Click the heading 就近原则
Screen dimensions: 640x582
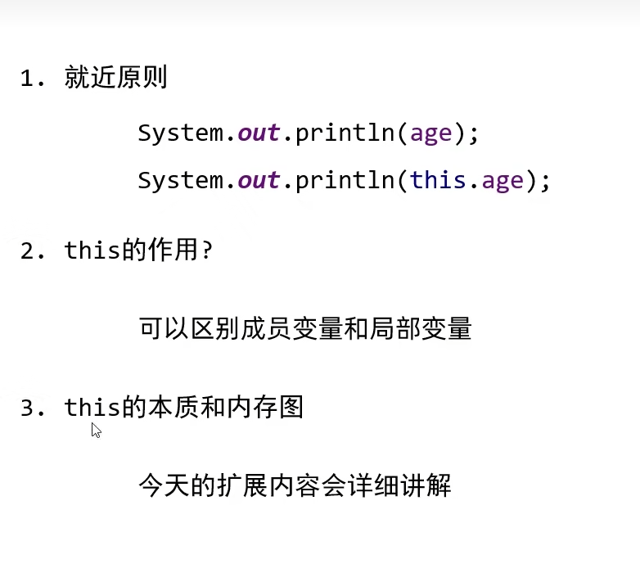tap(116, 79)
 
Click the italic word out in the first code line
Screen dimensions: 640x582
tap(259, 133)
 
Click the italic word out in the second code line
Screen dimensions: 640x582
tap(259, 180)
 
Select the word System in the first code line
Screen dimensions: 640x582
tap(180, 133)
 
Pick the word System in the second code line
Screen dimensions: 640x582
tap(180, 180)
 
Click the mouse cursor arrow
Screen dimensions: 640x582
tap(95, 429)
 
